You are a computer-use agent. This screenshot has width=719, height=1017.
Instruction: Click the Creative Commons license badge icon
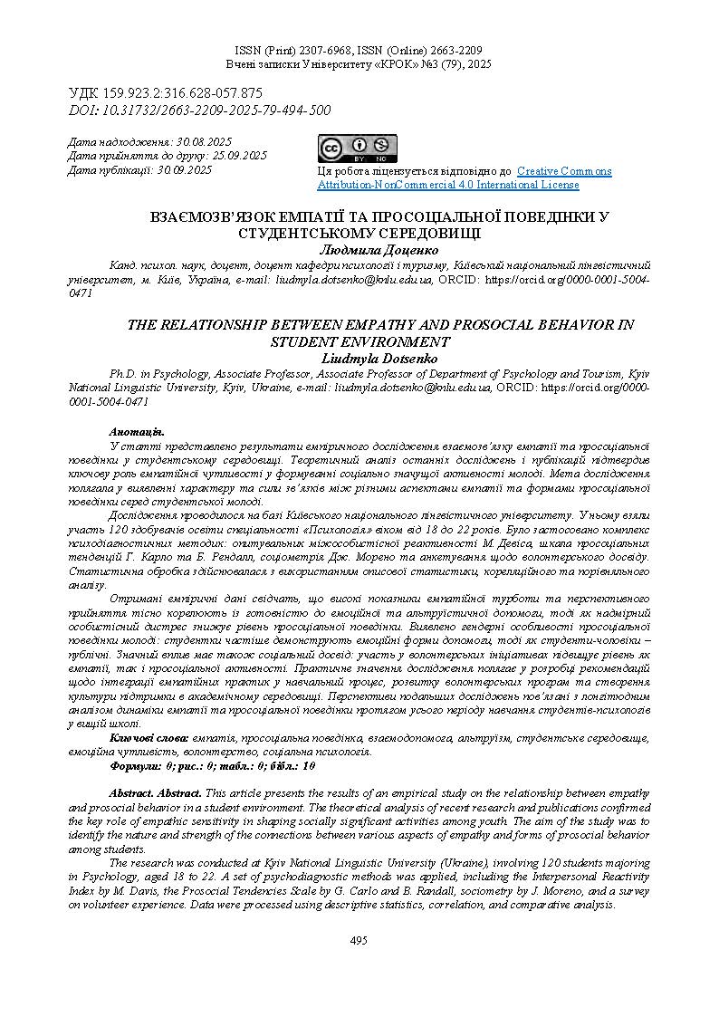click(x=356, y=149)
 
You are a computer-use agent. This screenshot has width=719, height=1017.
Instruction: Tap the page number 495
click(x=359, y=941)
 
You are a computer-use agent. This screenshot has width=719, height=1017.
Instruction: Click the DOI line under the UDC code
click(x=200, y=110)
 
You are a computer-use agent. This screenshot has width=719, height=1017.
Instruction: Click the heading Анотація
click(x=137, y=432)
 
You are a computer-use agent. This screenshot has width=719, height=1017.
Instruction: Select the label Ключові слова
click(x=149, y=739)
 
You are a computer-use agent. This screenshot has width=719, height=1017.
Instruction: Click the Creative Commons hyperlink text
click(x=564, y=171)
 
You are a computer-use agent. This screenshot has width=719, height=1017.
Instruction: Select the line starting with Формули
click(x=212, y=765)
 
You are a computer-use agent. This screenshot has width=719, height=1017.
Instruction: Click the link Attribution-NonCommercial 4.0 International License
click(x=447, y=185)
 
